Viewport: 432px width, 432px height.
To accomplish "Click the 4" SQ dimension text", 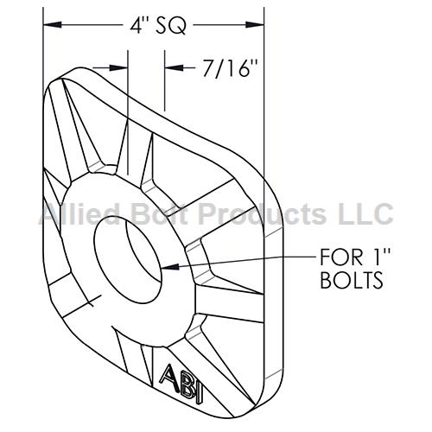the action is click(x=158, y=25).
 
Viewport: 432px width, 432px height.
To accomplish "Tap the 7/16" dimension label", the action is click(x=230, y=68).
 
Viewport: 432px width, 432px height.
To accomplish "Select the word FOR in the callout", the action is click(x=341, y=257).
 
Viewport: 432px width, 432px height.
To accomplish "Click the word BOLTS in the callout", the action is click(x=352, y=280).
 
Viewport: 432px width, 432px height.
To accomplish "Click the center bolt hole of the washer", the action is click(x=129, y=259).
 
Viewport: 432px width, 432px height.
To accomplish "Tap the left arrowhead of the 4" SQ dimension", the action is click(x=53, y=25).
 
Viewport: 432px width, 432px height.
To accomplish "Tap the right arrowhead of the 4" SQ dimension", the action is click(x=255, y=25).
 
